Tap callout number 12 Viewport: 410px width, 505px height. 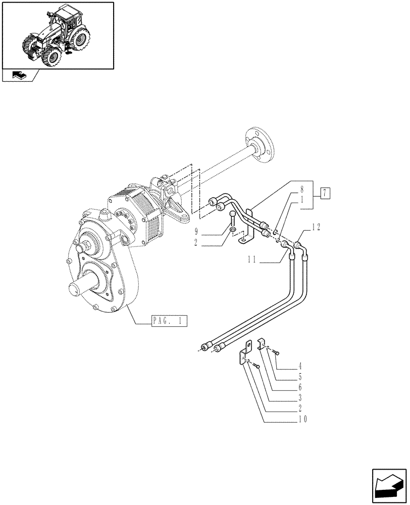(x=316, y=227)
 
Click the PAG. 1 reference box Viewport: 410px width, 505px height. (x=169, y=320)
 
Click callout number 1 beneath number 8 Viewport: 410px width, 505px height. (x=301, y=200)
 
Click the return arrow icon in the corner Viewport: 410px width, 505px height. (x=388, y=487)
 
